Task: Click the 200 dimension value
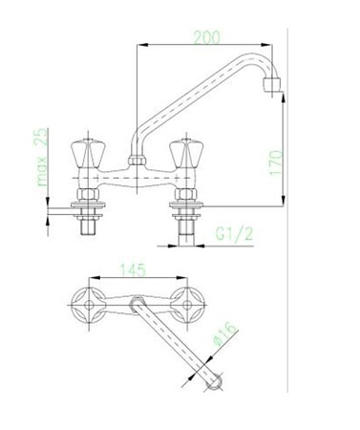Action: point(207,37)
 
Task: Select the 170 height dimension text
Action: point(276,162)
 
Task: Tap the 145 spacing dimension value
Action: point(133,269)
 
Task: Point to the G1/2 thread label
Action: point(234,234)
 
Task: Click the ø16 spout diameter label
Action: point(226,333)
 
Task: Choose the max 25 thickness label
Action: point(41,157)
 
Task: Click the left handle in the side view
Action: point(88,154)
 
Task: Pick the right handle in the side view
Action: point(186,154)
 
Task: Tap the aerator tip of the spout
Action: point(272,84)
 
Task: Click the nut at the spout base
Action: point(138,161)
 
